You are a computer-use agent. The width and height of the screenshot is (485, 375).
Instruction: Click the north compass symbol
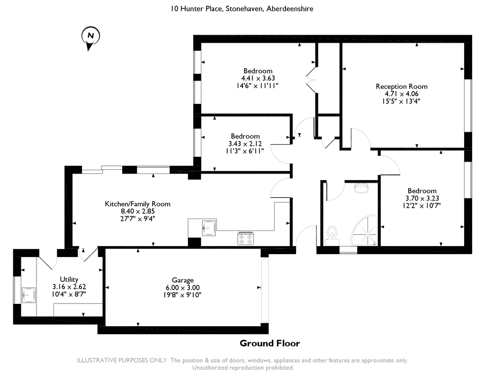(90, 37)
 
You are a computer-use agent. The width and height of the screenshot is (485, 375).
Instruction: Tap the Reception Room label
(401, 86)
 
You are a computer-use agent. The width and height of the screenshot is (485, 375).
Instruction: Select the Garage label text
(182, 280)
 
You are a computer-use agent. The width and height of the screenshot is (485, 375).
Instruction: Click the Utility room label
(69, 279)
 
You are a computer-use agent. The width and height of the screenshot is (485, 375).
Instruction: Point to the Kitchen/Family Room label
(137, 204)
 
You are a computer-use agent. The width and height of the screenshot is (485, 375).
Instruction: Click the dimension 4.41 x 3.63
(258, 78)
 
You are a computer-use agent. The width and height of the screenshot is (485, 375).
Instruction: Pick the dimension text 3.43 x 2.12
(245, 144)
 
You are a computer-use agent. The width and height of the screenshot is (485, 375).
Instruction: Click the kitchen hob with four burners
(245, 238)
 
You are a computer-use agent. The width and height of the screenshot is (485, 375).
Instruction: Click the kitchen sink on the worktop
(208, 228)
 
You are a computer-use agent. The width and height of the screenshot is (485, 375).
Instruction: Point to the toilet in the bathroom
(332, 233)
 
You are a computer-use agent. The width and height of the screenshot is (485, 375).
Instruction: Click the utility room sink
(29, 295)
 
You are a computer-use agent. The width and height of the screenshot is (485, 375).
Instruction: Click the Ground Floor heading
(269, 343)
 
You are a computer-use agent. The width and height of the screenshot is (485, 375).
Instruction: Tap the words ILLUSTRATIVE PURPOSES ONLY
(122, 360)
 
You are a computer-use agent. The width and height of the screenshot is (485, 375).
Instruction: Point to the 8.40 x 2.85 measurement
(137, 211)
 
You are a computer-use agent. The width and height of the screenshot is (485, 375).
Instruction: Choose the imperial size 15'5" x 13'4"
(401, 101)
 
